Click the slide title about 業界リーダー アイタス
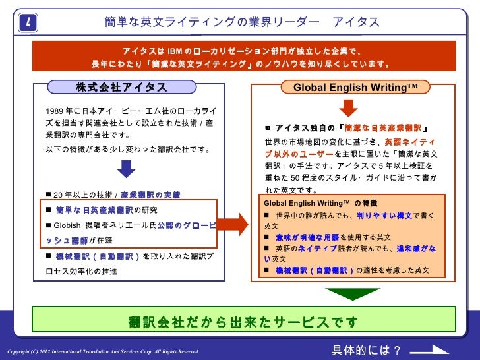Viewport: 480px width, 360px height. [242, 22]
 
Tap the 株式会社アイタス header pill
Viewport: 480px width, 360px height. [122, 88]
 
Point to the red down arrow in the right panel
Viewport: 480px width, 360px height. [347, 108]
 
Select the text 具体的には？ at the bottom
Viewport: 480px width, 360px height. [366, 349]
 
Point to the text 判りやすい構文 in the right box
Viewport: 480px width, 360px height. [384, 215]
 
